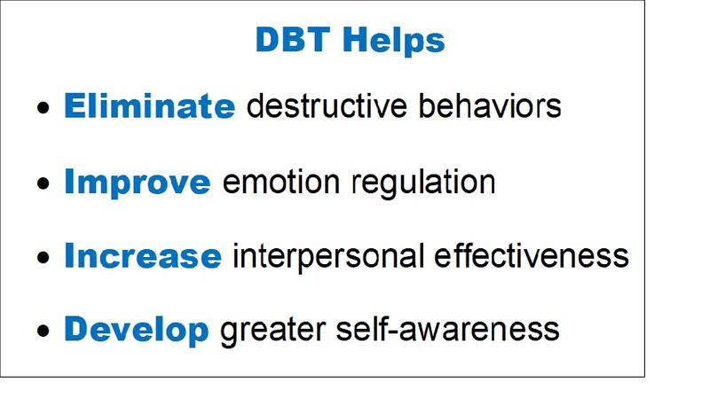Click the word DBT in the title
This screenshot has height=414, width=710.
293,39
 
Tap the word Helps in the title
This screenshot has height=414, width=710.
394,42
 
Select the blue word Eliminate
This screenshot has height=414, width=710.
149,105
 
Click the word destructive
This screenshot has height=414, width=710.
327,105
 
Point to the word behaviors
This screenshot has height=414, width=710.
490,105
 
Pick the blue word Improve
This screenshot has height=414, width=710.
138,183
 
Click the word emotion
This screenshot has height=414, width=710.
280,182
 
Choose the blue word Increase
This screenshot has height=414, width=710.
143,255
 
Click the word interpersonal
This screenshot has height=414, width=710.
328,257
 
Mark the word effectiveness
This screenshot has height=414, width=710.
532,255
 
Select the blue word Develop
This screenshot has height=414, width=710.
137,331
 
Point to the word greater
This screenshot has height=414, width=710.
272,332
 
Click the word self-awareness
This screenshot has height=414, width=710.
448,329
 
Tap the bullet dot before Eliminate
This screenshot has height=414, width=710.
43,108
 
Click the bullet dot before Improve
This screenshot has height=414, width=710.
43,184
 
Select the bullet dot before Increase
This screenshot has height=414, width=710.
43,257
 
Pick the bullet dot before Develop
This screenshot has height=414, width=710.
43,331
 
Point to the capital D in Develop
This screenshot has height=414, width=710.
76,329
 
